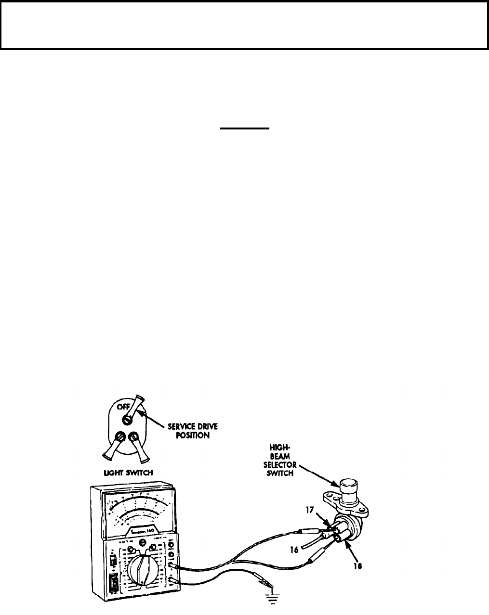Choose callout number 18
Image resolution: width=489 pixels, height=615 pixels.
tap(357, 566)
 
